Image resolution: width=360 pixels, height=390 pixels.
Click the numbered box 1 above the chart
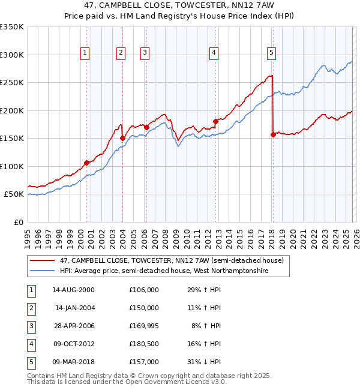[85, 53]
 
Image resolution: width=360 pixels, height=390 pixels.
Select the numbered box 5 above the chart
[272, 53]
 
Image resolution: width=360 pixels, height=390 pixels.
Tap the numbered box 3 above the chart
[145, 53]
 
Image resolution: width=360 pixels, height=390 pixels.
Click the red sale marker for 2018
[273, 134]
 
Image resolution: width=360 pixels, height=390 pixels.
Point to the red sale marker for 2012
[215, 121]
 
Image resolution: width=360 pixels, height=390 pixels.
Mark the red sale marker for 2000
[86, 163]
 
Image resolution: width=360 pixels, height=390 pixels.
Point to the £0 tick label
[18, 222]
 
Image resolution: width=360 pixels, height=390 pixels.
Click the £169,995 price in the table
[143, 326]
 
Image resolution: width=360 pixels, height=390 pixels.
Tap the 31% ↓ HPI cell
[205, 362]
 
